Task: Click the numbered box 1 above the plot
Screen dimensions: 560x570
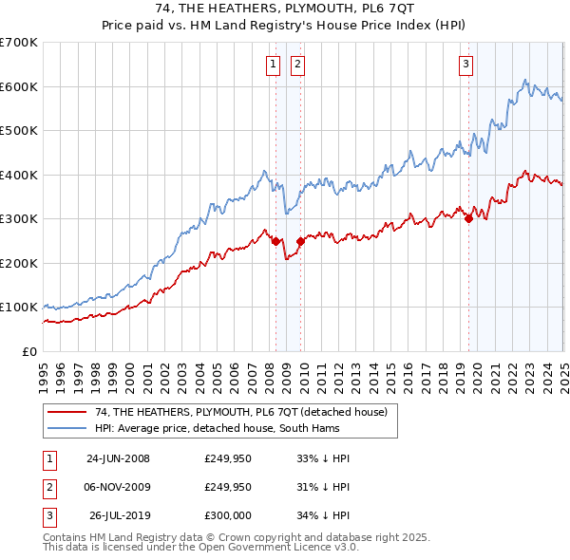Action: coord(274,65)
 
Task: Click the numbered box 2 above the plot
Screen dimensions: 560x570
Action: coord(297,65)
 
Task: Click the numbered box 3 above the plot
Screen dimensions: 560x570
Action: coord(466,65)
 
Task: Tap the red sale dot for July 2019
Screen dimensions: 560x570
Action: coord(468,218)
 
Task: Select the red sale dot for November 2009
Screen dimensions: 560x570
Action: coord(300,241)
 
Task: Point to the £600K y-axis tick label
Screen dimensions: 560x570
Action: coord(18,86)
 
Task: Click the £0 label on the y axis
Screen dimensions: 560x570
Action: coord(30,351)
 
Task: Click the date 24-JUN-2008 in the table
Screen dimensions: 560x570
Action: coord(118,458)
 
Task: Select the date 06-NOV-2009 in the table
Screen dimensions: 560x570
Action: coord(118,487)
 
